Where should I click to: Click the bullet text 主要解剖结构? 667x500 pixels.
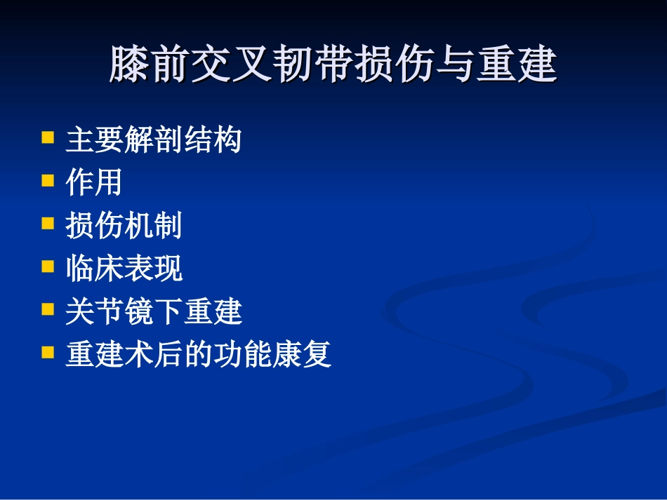pyautogui.click(x=153, y=140)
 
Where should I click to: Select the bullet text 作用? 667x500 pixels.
pyautogui.click(x=94, y=183)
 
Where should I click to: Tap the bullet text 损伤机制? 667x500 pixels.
pyautogui.click(x=124, y=226)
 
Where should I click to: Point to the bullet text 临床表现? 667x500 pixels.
pyautogui.click(x=124, y=269)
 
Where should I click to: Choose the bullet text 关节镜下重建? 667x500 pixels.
pyautogui.click(x=153, y=311)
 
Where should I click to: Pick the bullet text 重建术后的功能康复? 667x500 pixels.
pyautogui.click(x=198, y=355)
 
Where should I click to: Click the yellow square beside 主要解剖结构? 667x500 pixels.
pyautogui.click(x=48, y=137)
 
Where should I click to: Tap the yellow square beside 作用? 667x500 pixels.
pyautogui.click(x=48, y=180)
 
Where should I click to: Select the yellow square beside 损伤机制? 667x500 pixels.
pyautogui.click(x=48, y=223)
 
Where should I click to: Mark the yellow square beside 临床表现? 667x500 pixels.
pyautogui.click(x=48, y=266)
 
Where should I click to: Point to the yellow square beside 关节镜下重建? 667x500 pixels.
pyautogui.click(x=48, y=309)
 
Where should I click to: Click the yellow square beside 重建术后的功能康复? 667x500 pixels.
pyautogui.click(x=48, y=351)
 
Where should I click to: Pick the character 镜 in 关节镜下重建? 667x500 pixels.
pyautogui.click(x=139, y=311)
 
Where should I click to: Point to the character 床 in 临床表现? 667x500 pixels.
pyautogui.click(x=110, y=269)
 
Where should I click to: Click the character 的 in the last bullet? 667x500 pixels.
pyautogui.click(x=198, y=355)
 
